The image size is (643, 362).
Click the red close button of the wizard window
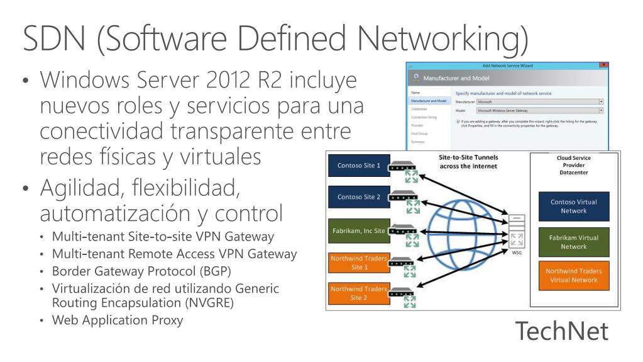(x=604, y=65)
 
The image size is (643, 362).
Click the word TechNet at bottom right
(x=562, y=331)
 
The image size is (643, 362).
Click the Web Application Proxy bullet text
(x=118, y=319)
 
